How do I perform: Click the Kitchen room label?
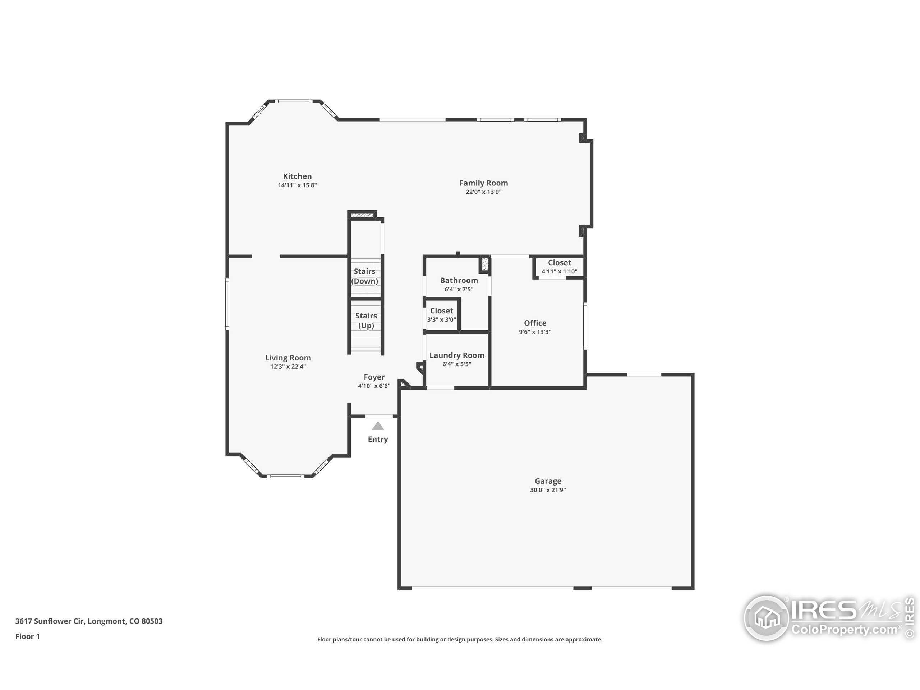[297, 176]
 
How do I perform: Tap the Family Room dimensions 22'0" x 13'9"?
[483, 192]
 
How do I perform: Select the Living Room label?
[288, 358]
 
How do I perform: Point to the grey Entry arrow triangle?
[378, 425]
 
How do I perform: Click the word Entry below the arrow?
[378, 439]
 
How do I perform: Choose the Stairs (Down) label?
[365, 276]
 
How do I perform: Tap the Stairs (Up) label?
[366, 321]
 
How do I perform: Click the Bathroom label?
[459, 280]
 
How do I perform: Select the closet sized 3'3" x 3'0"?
[442, 315]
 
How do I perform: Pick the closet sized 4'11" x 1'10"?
[560, 267]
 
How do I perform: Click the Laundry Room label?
[457, 355]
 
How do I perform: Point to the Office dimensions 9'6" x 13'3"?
[535, 332]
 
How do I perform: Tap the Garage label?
[548, 481]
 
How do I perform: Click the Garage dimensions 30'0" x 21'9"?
[548, 490]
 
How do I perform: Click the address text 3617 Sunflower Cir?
[50, 621]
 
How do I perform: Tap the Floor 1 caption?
[27, 636]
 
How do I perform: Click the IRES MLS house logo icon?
[766, 618]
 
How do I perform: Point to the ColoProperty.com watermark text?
[844, 630]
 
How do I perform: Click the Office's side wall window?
[585, 326]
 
